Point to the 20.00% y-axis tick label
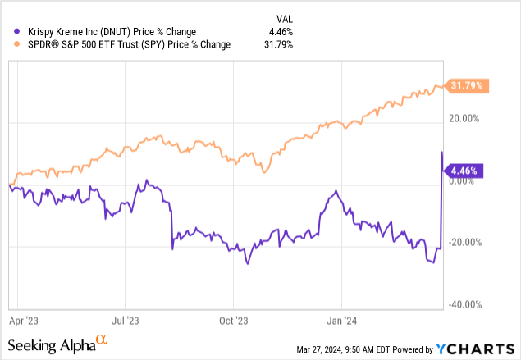[468, 119]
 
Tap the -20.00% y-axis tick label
[466, 243]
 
